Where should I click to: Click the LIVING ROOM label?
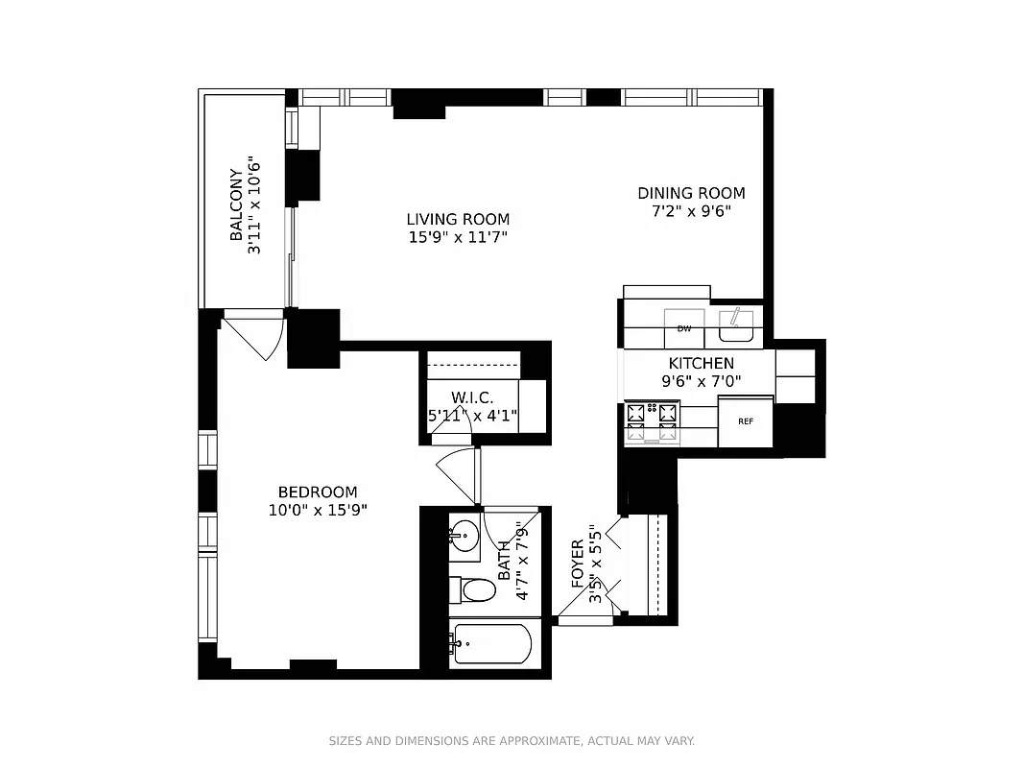point(457,219)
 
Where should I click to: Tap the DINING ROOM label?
point(691,193)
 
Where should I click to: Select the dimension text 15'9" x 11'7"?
point(457,237)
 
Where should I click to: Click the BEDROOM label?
point(318,492)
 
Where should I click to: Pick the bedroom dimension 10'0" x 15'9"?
point(318,511)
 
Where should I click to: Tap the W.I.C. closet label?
point(472,397)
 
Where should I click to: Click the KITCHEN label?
point(701,364)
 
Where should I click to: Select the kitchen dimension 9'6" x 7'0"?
point(701,382)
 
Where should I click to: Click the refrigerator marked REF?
point(746,421)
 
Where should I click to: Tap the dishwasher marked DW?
point(684,328)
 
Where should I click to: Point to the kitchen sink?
point(736,325)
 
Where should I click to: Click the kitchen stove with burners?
point(652,422)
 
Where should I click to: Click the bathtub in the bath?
point(491,644)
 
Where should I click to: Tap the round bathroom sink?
point(466,536)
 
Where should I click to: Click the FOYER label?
point(578,564)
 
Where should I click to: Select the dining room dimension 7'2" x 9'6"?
point(691,211)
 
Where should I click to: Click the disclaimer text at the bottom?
point(512,741)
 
